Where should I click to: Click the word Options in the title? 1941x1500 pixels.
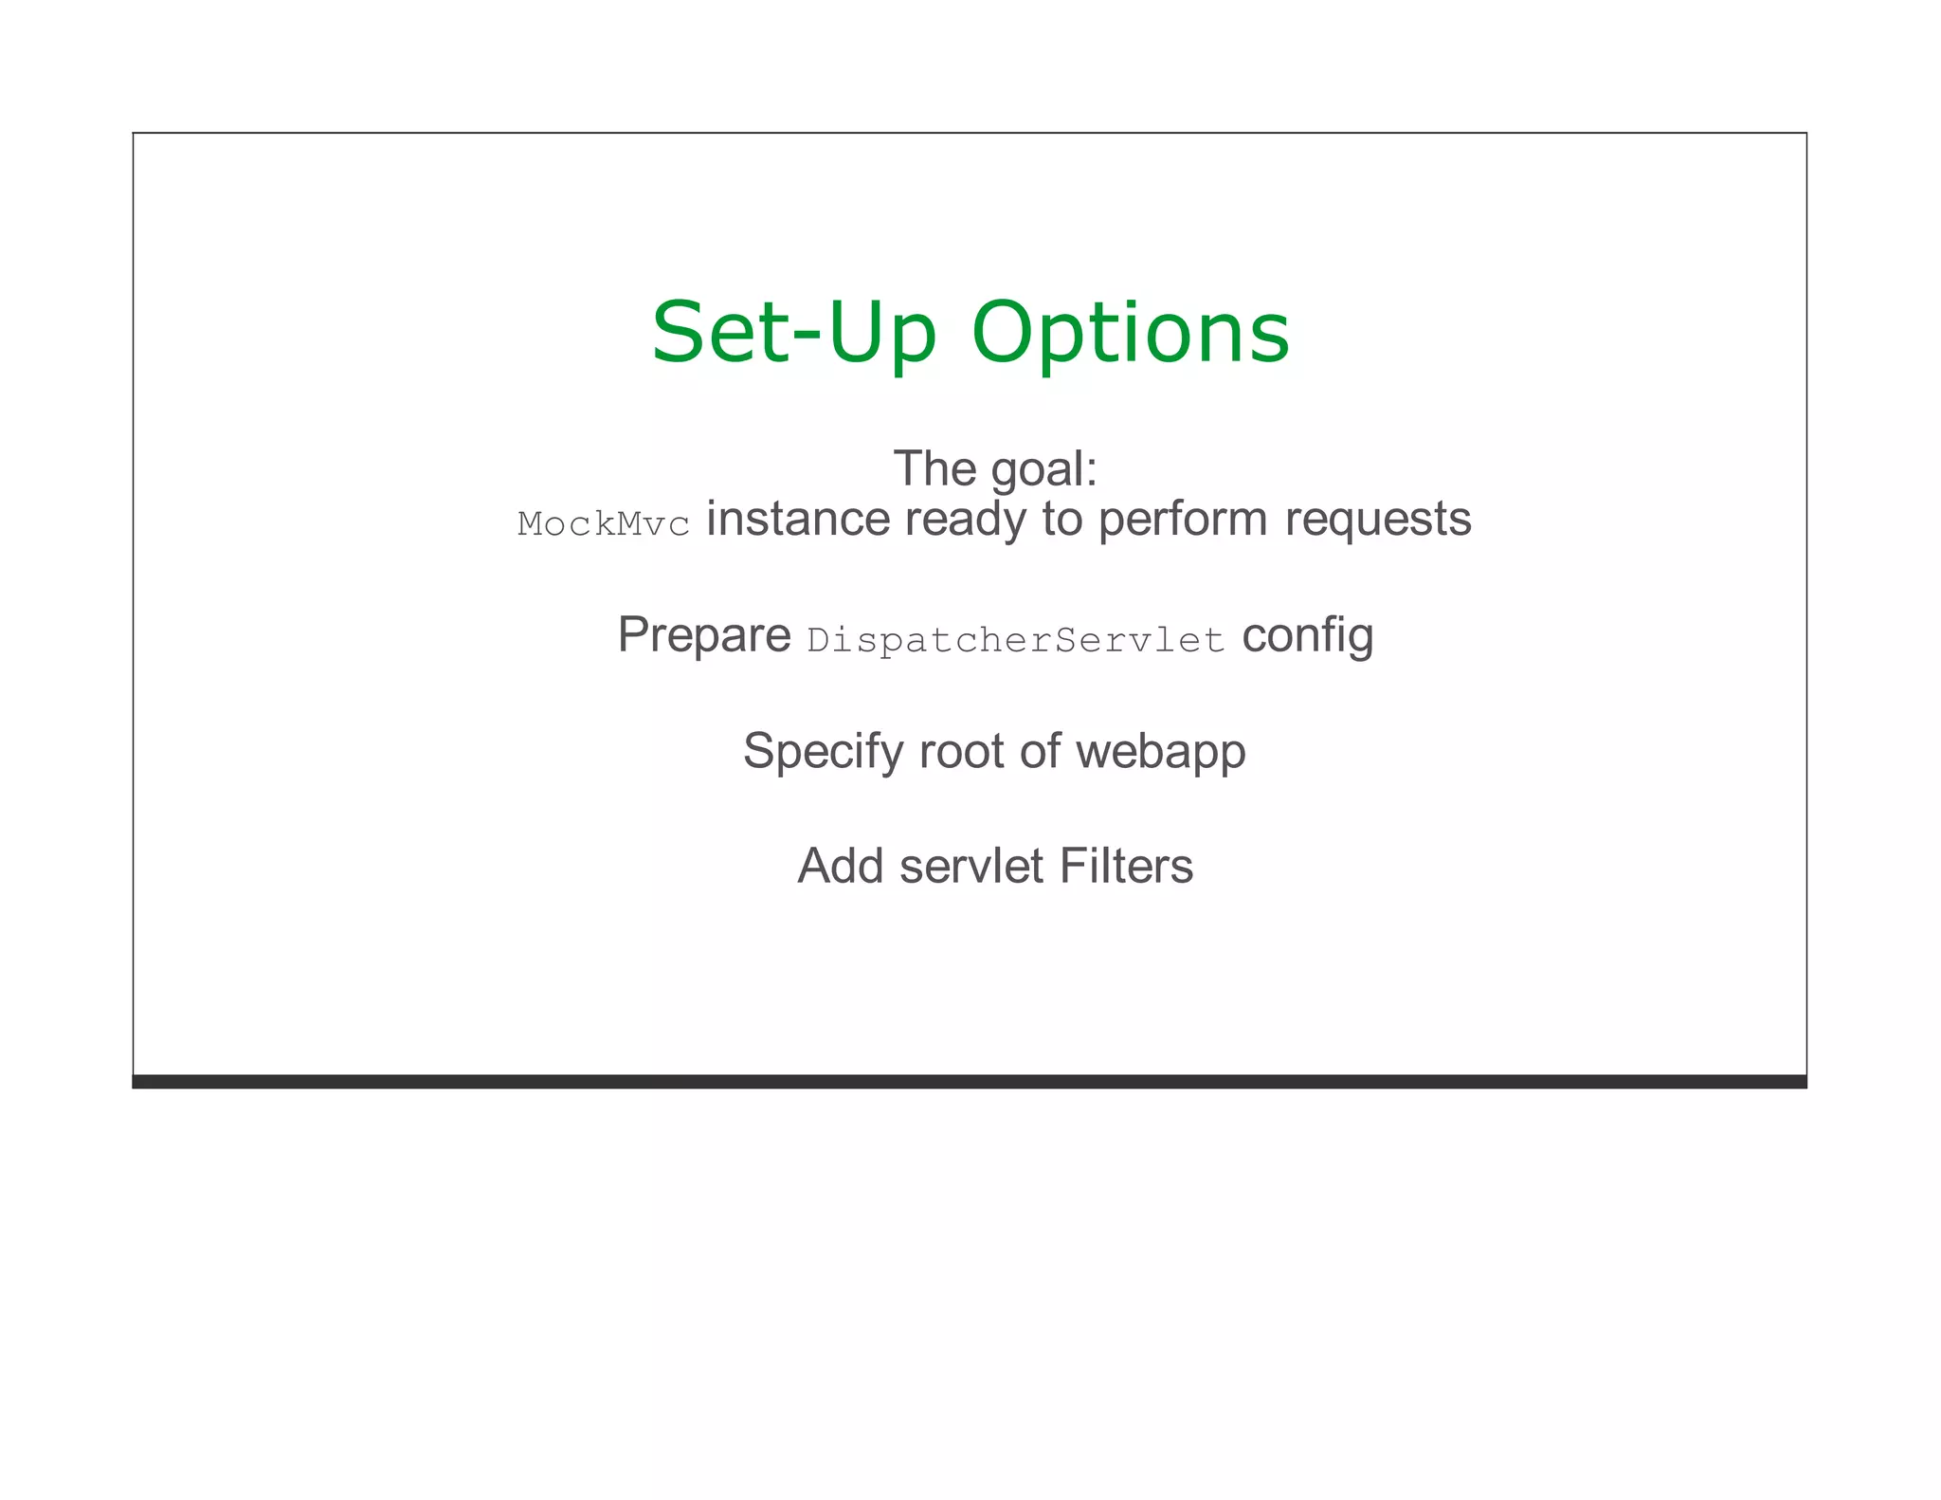pos(1131,335)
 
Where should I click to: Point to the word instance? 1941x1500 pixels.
pos(798,519)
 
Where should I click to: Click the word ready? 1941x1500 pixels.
pos(965,521)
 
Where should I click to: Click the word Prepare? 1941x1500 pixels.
pos(703,635)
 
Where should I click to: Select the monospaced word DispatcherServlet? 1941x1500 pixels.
pos(1015,641)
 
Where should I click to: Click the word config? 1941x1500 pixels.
pos(1307,635)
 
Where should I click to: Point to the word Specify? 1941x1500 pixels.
pos(823,752)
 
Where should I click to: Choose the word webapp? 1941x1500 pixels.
pos(1161,752)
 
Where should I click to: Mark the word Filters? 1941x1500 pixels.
pos(1126,866)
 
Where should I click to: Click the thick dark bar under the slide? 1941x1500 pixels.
pos(969,1082)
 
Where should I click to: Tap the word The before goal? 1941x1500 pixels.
pos(934,468)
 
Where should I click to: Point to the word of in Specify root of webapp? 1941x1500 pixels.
pos(1040,751)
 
